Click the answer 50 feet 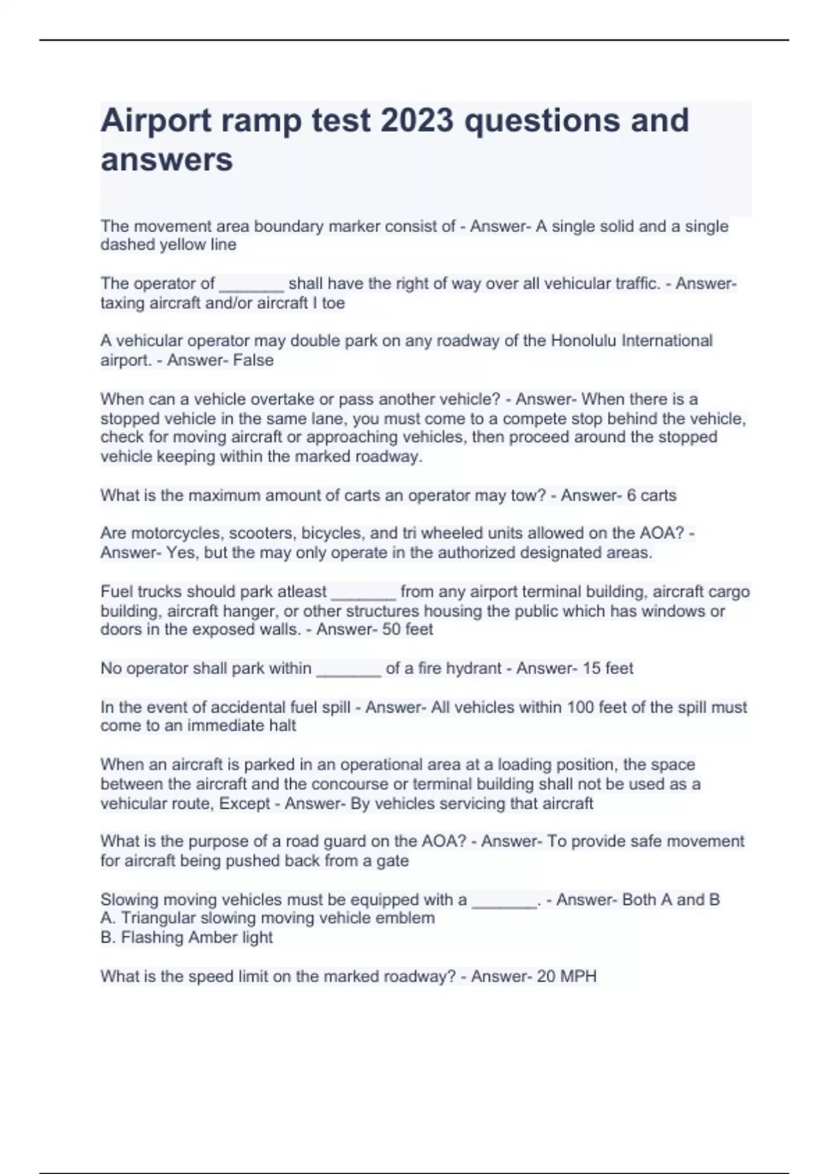click(404, 629)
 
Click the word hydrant click(474, 668)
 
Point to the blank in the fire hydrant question click(348, 669)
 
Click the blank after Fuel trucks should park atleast click(363, 593)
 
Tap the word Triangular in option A click(158, 918)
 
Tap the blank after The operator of click(251, 285)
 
